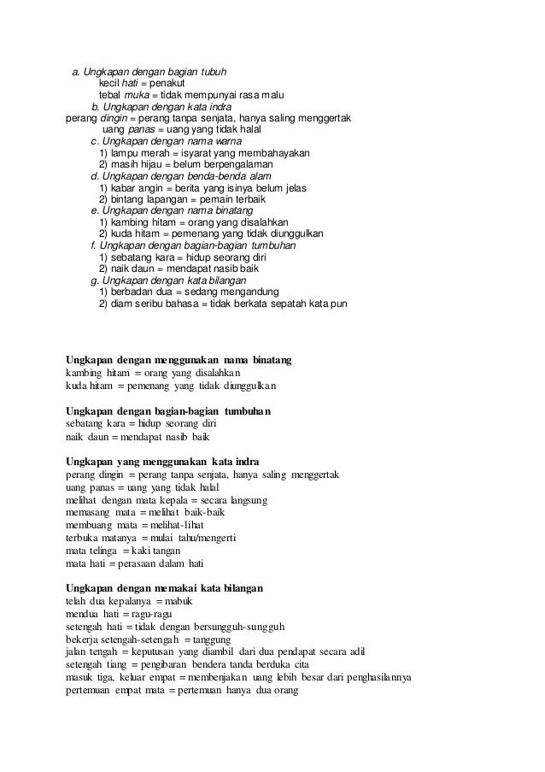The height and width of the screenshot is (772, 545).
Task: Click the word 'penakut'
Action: tap(172, 85)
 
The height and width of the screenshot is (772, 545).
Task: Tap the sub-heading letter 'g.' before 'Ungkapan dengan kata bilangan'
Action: tap(95, 280)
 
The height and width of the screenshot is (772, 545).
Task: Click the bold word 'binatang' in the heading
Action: tap(268, 360)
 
